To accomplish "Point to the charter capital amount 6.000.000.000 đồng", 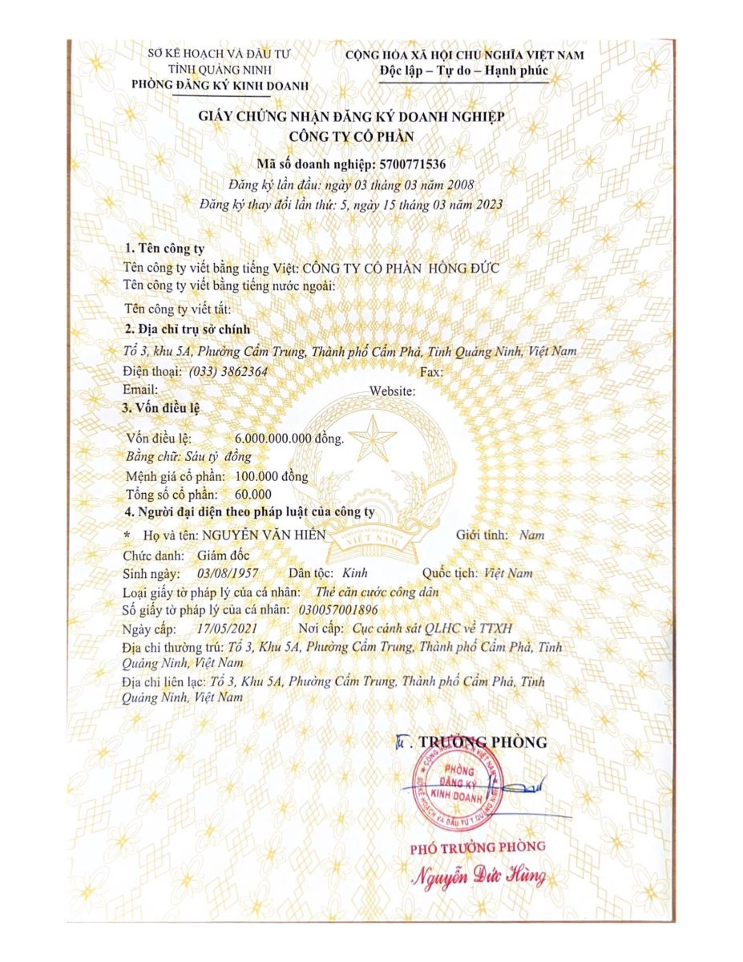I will pyautogui.click(x=290, y=439).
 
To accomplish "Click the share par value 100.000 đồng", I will pyautogui.click(x=267, y=475).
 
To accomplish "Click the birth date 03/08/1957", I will pyautogui.click(x=225, y=573).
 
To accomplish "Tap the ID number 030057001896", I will pyautogui.click(x=335, y=610).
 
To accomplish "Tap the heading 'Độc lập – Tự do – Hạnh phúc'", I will pyautogui.click(x=465, y=71).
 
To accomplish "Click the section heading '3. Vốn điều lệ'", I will pyautogui.click(x=160, y=407).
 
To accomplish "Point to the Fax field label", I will pyautogui.click(x=430, y=372).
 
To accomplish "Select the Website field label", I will pyautogui.click(x=392, y=390).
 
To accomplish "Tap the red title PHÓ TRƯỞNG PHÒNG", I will pyautogui.click(x=479, y=846).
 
